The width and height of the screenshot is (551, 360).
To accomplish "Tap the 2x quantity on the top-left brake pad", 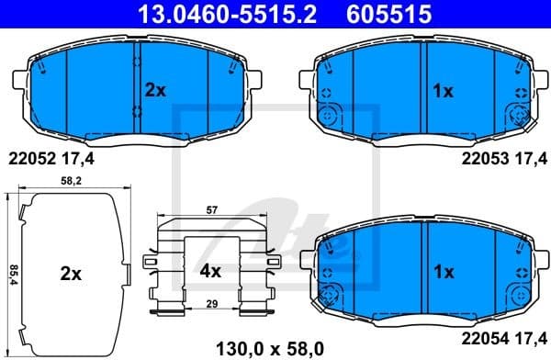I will [x=155, y=90].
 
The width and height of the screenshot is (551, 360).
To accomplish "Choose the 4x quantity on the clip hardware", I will [x=210, y=272].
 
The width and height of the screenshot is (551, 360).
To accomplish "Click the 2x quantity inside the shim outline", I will [x=71, y=273].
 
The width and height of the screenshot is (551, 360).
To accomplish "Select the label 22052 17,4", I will [x=52, y=158].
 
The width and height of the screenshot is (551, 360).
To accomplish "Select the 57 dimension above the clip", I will [x=212, y=210].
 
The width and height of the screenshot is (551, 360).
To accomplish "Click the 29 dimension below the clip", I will [x=212, y=302].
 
